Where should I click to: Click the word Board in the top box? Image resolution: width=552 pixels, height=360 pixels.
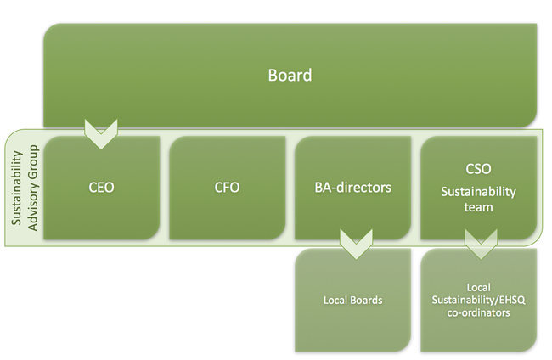290,76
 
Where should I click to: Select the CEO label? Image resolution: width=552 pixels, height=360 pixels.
100,187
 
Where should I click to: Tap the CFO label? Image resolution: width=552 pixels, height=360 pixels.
227,187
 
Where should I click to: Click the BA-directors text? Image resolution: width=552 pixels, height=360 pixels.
352,187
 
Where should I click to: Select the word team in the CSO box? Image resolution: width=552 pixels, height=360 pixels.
478,207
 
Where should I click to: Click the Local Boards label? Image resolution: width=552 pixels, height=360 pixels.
352,301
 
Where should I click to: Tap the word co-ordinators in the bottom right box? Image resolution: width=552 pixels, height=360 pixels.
478,313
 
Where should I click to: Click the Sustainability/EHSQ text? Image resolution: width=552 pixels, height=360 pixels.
478,301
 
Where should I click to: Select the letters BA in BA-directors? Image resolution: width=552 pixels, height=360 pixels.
323,187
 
